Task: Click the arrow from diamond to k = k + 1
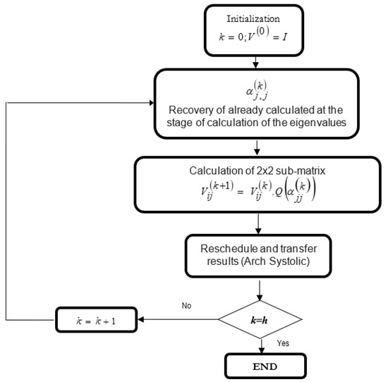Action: click(176, 321)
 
